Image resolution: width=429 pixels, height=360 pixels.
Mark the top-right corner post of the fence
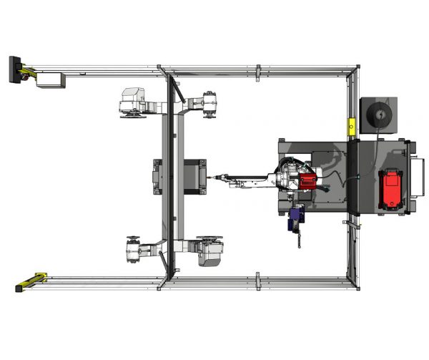pos(356,69)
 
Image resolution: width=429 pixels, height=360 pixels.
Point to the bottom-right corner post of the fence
pos(356,285)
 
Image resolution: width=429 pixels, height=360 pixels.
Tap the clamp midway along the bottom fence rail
pos(258,281)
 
